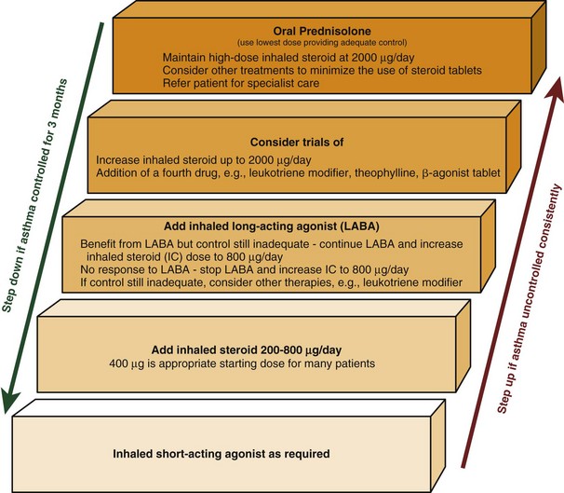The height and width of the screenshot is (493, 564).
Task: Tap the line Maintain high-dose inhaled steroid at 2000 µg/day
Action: click(268, 58)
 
